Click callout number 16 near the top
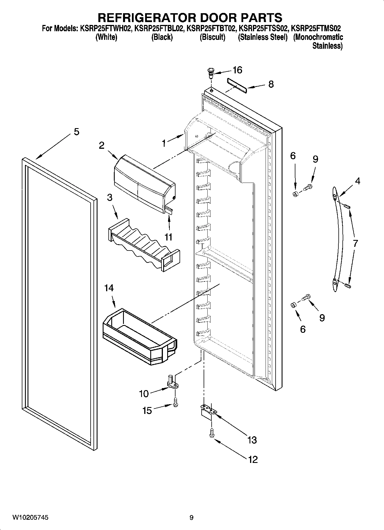coord(237,70)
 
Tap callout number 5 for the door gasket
coord(76,132)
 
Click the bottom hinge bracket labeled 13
coord(209,410)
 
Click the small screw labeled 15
coord(176,402)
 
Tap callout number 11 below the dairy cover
coord(168,237)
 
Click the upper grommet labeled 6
coord(295,194)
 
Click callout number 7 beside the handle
coord(355,243)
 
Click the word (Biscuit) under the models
coord(212,37)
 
